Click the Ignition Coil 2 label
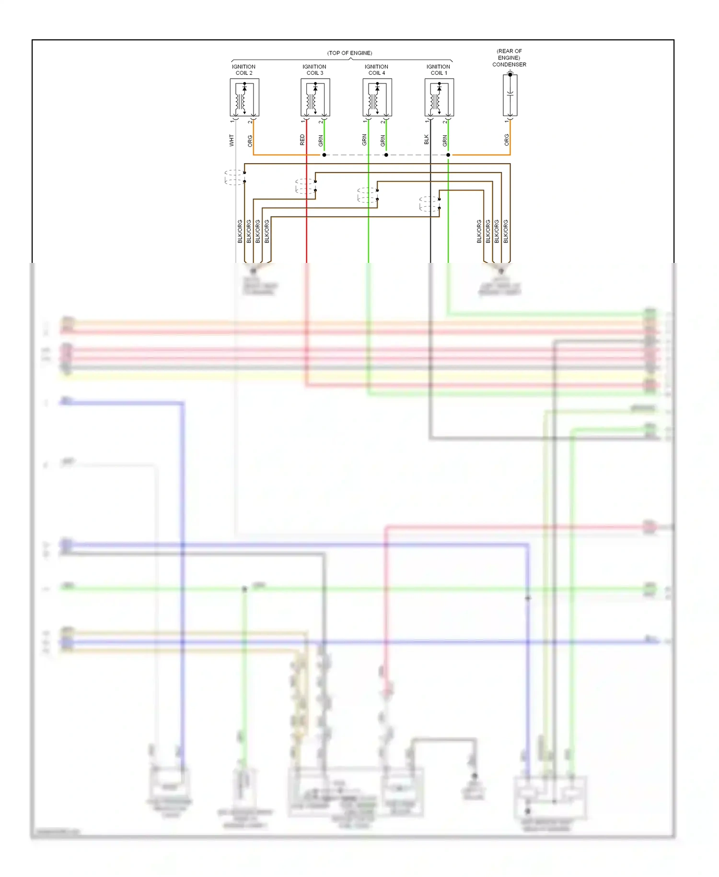(x=244, y=70)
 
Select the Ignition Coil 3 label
(x=314, y=70)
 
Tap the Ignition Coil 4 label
(x=376, y=70)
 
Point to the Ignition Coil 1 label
(x=438, y=70)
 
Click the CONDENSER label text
(x=509, y=64)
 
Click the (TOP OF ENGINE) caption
(x=349, y=53)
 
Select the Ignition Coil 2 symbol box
(x=244, y=98)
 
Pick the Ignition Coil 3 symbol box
(x=315, y=98)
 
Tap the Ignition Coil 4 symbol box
(x=377, y=98)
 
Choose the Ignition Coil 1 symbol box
(x=439, y=98)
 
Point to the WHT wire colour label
(x=232, y=140)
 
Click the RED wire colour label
(x=302, y=140)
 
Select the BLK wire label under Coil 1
(x=426, y=140)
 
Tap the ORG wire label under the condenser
(x=506, y=140)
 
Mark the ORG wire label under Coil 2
(x=250, y=141)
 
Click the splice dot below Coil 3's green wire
(x=324, y=155)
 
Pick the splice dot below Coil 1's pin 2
(x=448, y=155)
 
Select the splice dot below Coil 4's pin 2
(x=386, y=155)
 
